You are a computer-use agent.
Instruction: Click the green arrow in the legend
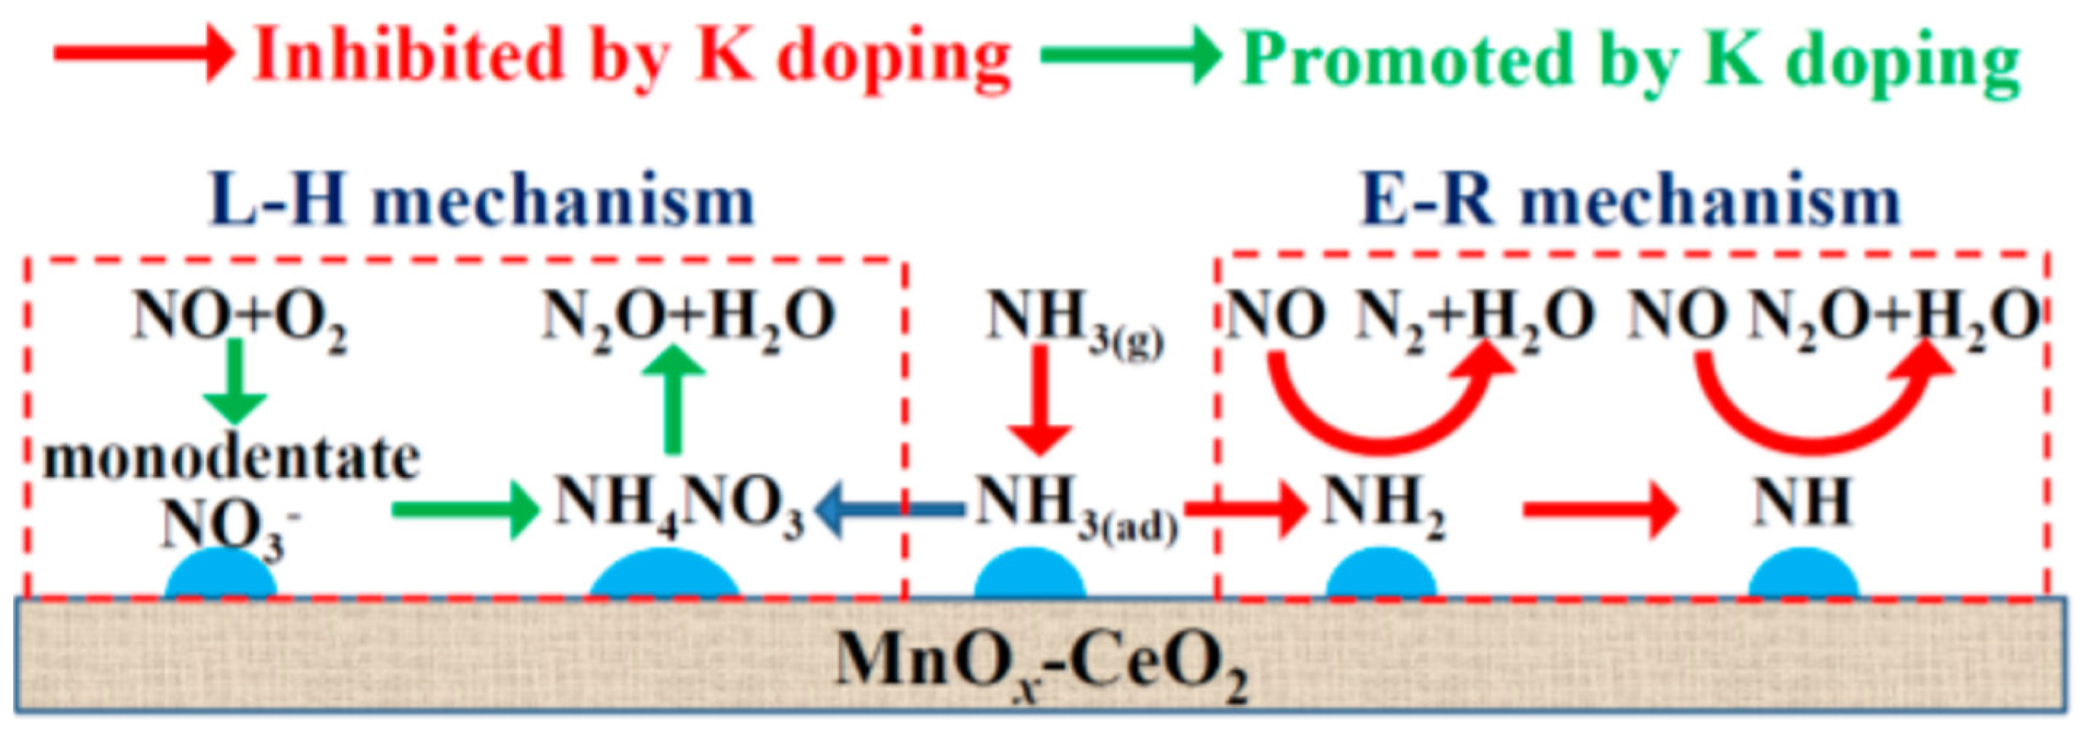1129,55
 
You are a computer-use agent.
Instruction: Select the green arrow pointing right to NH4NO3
465,509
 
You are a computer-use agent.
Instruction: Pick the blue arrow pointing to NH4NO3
890,509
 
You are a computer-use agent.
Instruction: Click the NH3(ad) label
1076,506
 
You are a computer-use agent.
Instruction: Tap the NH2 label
1384,506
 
